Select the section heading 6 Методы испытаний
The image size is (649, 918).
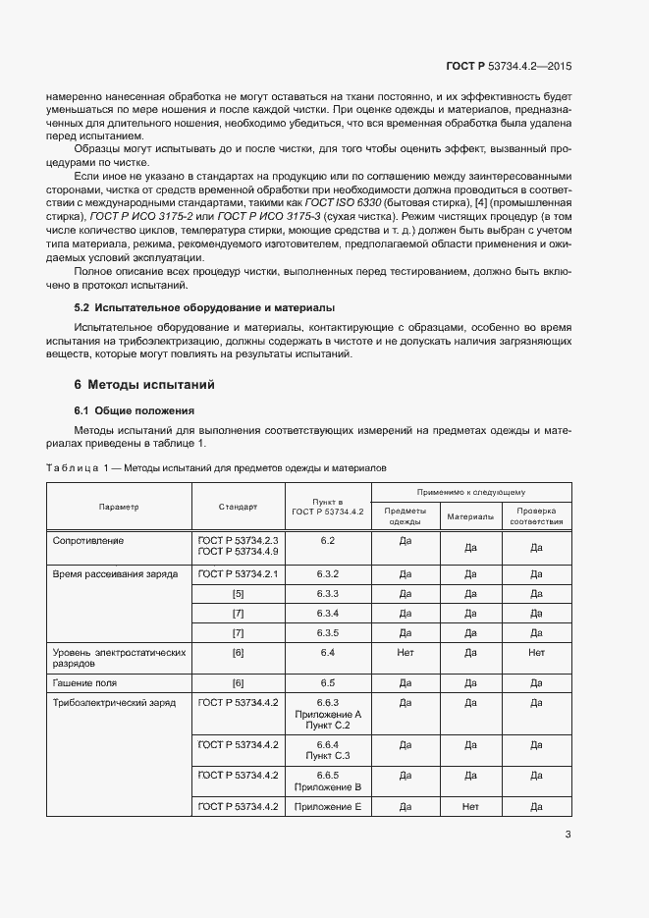[144, 384]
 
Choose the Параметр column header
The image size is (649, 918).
[119, 507]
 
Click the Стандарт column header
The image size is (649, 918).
[238, 507]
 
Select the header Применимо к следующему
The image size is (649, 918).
[471, 491]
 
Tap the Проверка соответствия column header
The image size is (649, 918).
[536, 516]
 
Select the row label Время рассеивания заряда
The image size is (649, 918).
[115, 573]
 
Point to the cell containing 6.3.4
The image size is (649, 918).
[328, 613]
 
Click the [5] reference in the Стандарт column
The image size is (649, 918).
[238, 593]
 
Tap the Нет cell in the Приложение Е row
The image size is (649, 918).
[470, 806]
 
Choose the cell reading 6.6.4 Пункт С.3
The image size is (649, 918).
[328, 750]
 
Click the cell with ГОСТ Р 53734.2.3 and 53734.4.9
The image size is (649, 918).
[238, 546]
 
